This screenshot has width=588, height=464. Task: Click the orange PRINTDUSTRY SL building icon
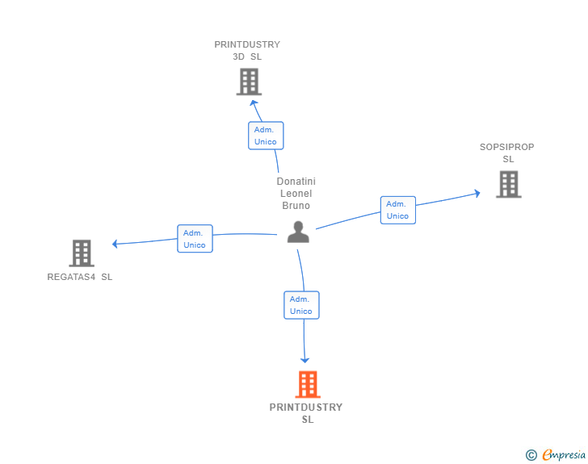pyautogui.click(x=308, y=385)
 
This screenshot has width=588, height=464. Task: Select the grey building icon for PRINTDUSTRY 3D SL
pyautogui.click(x=249, y=82)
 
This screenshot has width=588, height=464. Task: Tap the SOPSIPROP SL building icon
pyautogui.click(x=508, y=184)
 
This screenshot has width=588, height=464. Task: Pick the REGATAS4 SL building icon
pyautogui.click(x=82, y=253)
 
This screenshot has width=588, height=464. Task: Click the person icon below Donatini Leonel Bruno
pyautogui.click(x=298, y=232)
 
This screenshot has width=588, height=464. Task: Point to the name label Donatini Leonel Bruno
pyautogui.click(x=296, y=194)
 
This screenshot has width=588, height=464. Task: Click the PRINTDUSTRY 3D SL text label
pyautogui.click(x=247, y=51)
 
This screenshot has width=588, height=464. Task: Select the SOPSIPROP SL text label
pyautogui.click(x=507, y=153)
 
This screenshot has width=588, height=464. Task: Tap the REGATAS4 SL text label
pyautogui.click(x=80, y=278)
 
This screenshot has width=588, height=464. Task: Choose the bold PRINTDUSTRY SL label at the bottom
pyautogui.click(x=306, y=413)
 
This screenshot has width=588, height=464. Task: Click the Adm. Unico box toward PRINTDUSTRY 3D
pyautogui.click(x=266, y=136)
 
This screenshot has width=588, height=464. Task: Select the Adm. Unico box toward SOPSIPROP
pyautogui.click(x=397, y=210)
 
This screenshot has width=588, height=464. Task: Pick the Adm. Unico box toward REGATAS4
pyautogui.click(x=195, y=239)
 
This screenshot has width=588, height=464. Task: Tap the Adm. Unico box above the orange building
pyautogui.click(x=301, y=305)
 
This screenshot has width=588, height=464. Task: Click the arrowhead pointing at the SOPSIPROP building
pyautogui.click(x=477, y=194)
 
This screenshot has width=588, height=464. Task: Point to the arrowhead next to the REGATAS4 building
pyautogui.click(x=116, y=244)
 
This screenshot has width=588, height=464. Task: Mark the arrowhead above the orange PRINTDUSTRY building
pyautogui.click(x=305, y=359)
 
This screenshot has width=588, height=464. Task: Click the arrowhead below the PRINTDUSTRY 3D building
pyautogui.click(x=254, y=102)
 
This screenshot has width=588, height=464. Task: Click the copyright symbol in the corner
pyautogui.click(x=531, y=455)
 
